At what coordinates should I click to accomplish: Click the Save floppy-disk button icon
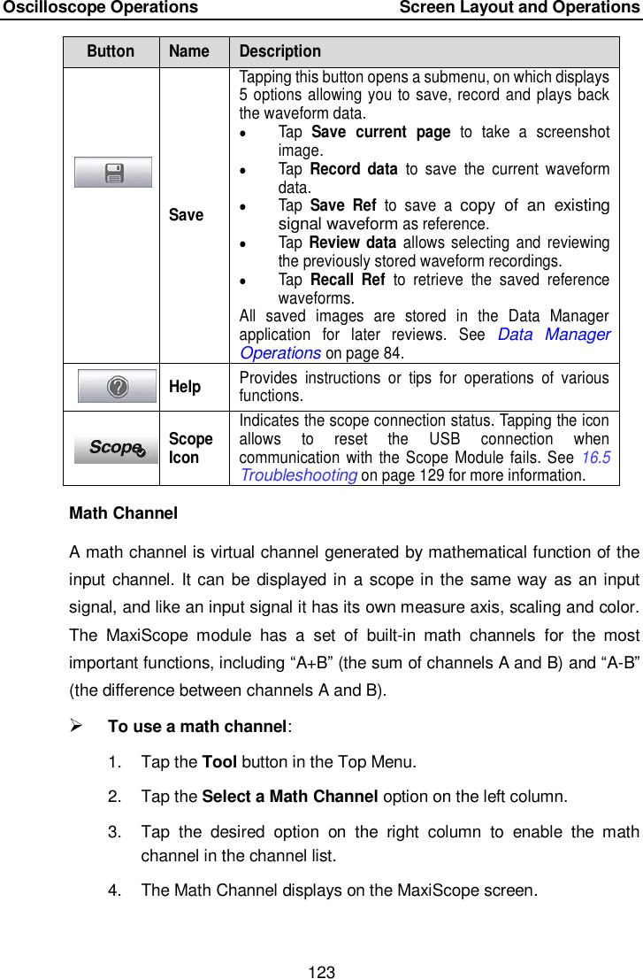pos(112,173)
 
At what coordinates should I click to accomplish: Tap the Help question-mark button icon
pos(117,387)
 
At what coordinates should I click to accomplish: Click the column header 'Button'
pos(111,51)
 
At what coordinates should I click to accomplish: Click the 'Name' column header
pos(189,51)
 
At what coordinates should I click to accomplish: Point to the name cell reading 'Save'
pos(186,214)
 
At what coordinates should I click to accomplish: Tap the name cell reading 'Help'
pos(185,387)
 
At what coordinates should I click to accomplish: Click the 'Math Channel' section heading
pos(123,513)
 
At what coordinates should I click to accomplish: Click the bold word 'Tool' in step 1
pos(218,761)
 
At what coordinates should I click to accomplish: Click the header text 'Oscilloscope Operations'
pos(100,8)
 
